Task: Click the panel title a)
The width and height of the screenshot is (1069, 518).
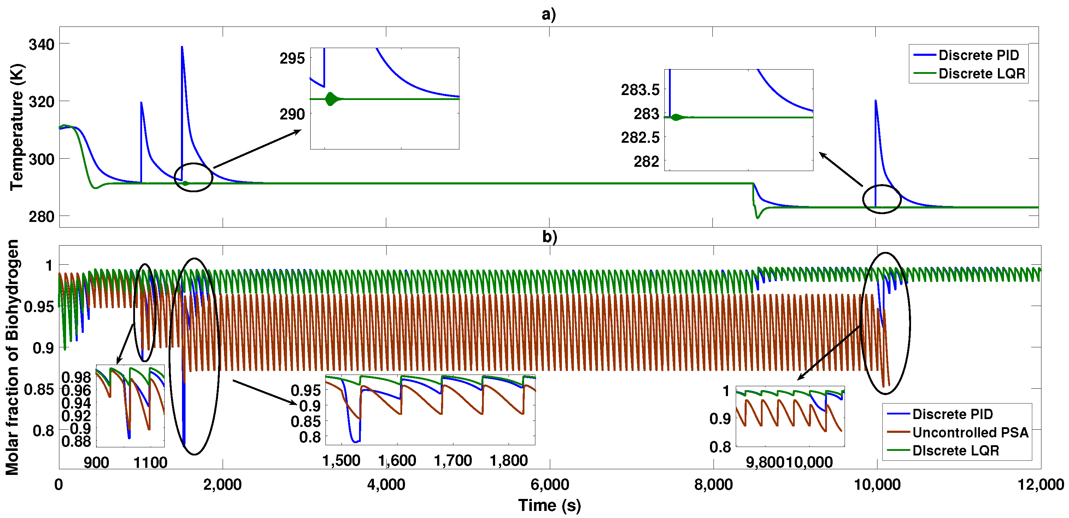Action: pos(548,14)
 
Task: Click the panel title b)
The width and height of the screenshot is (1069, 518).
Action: pos(550,237)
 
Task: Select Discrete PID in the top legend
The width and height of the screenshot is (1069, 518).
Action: pos(978,55)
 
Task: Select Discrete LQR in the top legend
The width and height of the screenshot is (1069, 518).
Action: pos(981,74)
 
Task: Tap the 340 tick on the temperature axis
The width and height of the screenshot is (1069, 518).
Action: pos(41,45)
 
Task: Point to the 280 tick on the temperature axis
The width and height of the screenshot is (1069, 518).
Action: pos(41,217)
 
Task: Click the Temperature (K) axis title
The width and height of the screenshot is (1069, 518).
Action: pos(17,127)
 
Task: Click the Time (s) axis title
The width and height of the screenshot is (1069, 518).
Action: pos(549,506)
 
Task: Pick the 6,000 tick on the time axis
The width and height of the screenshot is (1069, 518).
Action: pos(550,484)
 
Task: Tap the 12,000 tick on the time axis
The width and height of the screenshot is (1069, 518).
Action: pos(1040,484)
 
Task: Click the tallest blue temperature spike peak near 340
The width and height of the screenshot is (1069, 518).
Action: pos(182,47)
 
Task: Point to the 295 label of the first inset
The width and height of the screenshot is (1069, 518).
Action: pos(292,59)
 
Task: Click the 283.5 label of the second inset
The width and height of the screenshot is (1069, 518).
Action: pos(640,90)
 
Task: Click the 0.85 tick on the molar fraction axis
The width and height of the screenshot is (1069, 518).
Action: pos(39,389)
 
